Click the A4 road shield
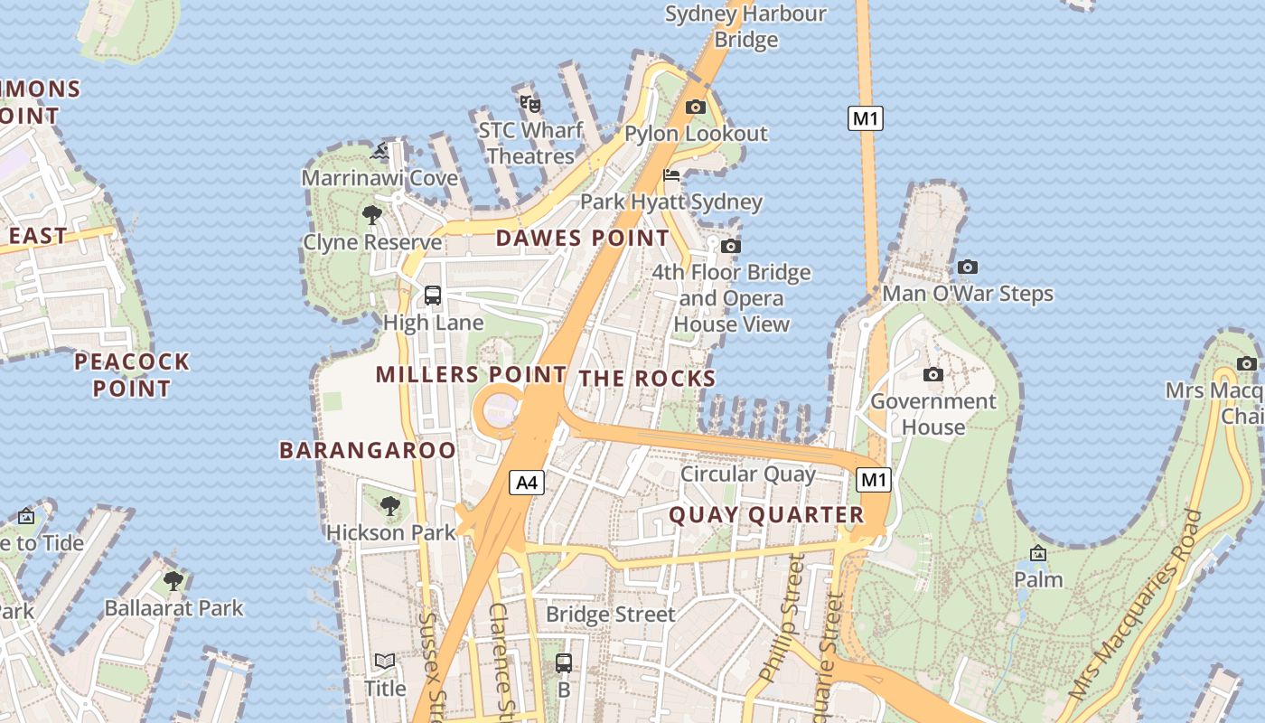click(x=527, y=483)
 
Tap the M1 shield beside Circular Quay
click(x=874, y=480)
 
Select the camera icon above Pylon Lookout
click(x=695, y=107)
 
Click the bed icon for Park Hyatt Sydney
click(x=671, y=175)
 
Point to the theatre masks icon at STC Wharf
click(x=530, y=104)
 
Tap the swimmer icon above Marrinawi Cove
click(x=380, y=151)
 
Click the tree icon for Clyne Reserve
click(x=371, y=215)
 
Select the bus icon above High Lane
click(x=433, y=295)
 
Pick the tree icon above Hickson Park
click(x=390, y=505)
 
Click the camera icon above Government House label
click(x=933, y=374)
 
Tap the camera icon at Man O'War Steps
click(x=968, y=267)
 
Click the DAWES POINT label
click(x=583, y=239)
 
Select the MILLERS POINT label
click(x=471, y=374)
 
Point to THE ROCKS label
click(x=648, y=378)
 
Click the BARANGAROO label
click(x=368, y=450)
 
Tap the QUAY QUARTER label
click(x=766, y=515)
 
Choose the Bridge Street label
click(x=611, y=615)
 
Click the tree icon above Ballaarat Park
click(x=173, y=580)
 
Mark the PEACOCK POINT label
click(x=132, y=375)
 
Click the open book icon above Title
click(x=385, y=662)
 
